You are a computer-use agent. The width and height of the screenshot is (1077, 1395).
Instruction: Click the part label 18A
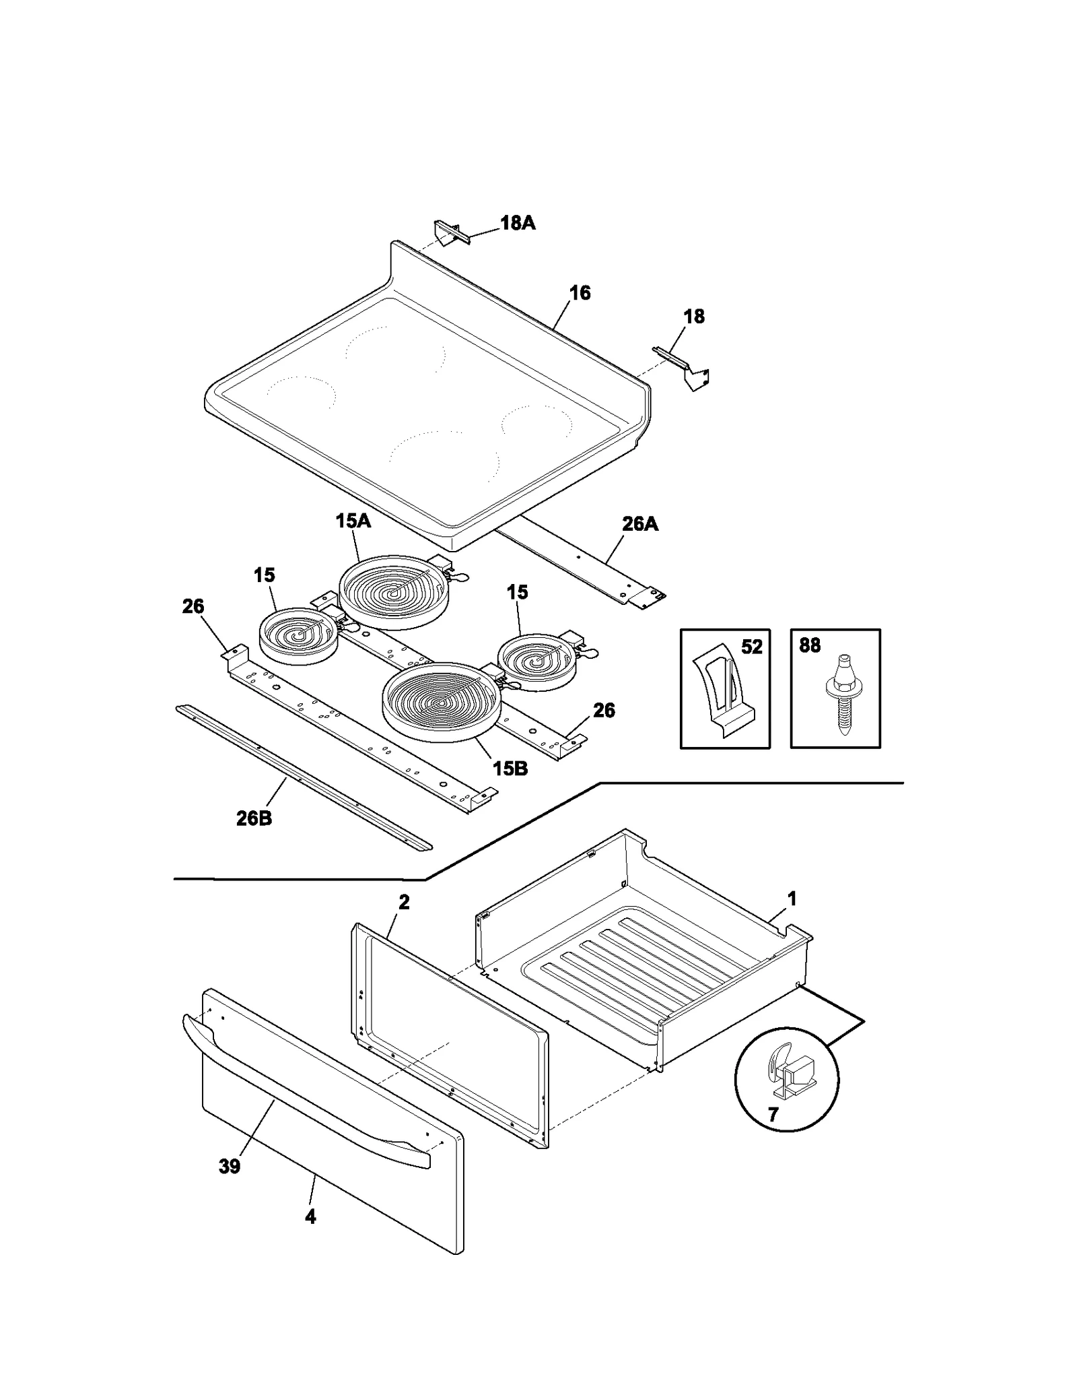click(517, 223)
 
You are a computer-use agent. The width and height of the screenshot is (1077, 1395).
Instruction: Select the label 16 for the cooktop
click(580, 293)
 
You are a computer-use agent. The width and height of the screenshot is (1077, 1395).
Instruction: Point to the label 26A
click(639, 524)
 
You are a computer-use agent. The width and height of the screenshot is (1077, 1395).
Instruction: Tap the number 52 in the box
click(751, 647)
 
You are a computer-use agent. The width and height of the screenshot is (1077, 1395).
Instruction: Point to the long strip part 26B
click(303, 779)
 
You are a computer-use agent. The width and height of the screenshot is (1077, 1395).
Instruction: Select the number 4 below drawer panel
click(310, 1216)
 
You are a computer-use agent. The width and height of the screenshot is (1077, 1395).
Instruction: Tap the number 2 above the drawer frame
click(404, 902)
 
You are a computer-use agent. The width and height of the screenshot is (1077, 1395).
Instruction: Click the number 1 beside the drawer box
click(792, 899)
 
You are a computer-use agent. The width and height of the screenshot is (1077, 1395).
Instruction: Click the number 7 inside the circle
click(773, 1115)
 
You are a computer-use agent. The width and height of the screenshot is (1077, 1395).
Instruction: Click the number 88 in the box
click(810, 645)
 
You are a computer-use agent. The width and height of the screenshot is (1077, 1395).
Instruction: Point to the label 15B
click(510, 768)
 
